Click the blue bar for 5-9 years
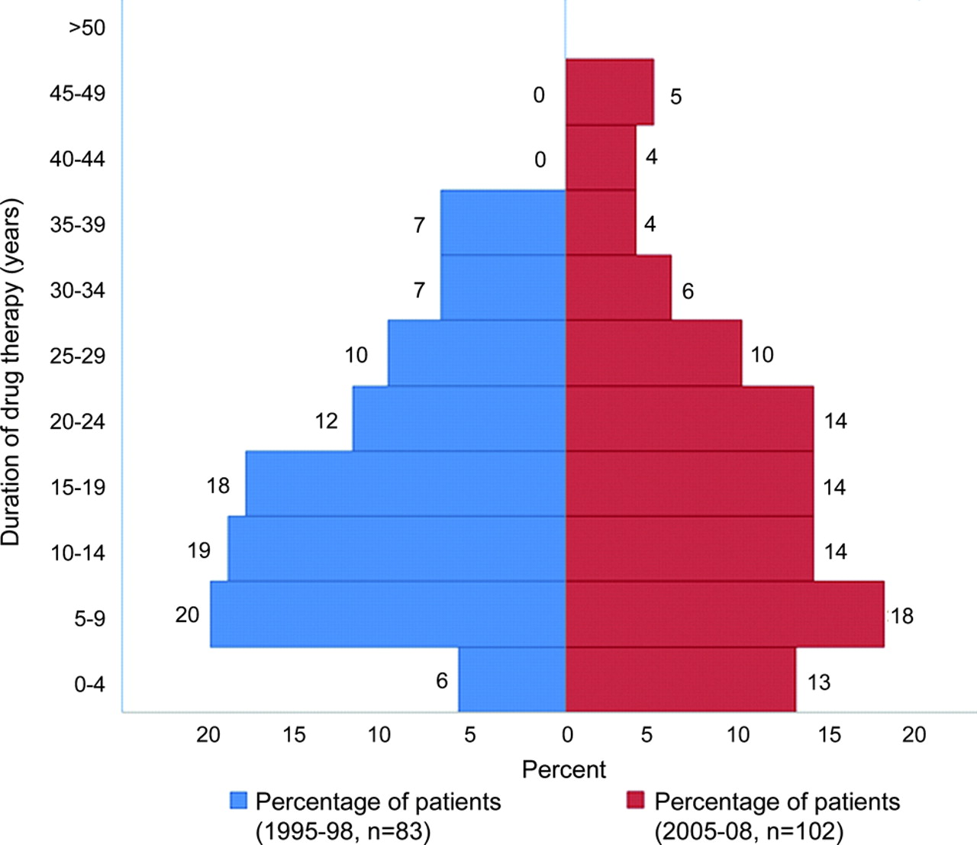click(x=388, y=614)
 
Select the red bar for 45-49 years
click(x=609, y=92)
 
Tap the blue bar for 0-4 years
click(x=511, y=680)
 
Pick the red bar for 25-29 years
click(x=653, y=353)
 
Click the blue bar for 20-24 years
click(x=459, y=418)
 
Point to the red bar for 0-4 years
click(x=680, y=680)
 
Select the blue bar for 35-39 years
click(x=503, y=222)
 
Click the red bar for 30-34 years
click(x=618, y=288)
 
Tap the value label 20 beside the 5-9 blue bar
click(x=187, y=614)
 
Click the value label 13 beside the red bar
click(x=818, y=682)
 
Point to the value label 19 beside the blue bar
click(x=199, y=550)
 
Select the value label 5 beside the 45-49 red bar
click(x=676, y=97)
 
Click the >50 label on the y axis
click(x=86, y=28)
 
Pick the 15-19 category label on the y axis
click(x=77, y=487)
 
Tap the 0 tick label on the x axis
click(x=566, y=735)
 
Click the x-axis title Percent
click(x=564, y=769)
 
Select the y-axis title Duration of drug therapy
click(x=11, y=373)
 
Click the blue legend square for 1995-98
click(x=239, y=800)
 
